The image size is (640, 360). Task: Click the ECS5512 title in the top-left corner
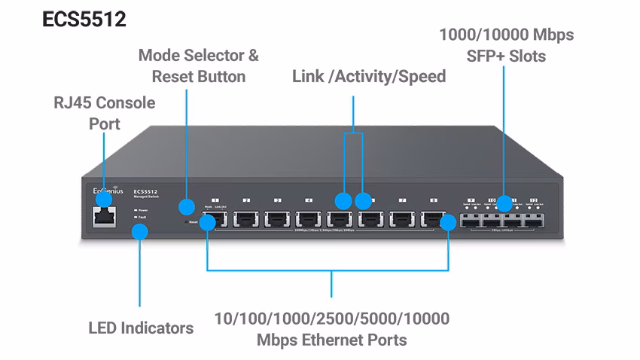(84, 20)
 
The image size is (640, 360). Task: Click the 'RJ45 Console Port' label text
(105, 113)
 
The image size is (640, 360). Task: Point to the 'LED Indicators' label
(141, 328)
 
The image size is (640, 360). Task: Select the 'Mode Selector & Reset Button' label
(198, 66)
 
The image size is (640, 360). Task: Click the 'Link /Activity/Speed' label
(369, 76)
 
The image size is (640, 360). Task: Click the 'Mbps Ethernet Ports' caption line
(331, 340)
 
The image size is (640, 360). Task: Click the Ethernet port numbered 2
(246, 221)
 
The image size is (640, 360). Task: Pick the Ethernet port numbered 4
(309, 221)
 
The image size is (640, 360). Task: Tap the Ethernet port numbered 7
(403, 221)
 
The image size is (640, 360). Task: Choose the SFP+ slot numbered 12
(534, 221)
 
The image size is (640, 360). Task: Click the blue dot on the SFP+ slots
(504, 203)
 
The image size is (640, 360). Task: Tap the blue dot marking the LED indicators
(139, 231)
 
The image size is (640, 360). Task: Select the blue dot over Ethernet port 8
(449, 221)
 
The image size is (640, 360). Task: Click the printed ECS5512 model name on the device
(144, 192)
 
